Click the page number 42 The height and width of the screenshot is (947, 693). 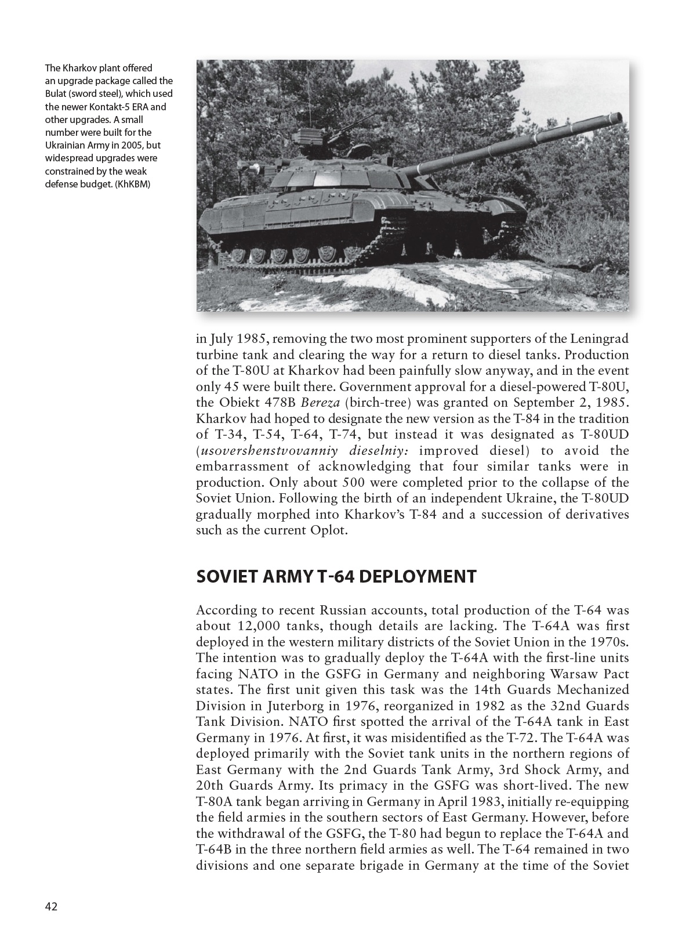[51, 907]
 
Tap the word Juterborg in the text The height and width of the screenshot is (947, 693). [280, 706]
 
